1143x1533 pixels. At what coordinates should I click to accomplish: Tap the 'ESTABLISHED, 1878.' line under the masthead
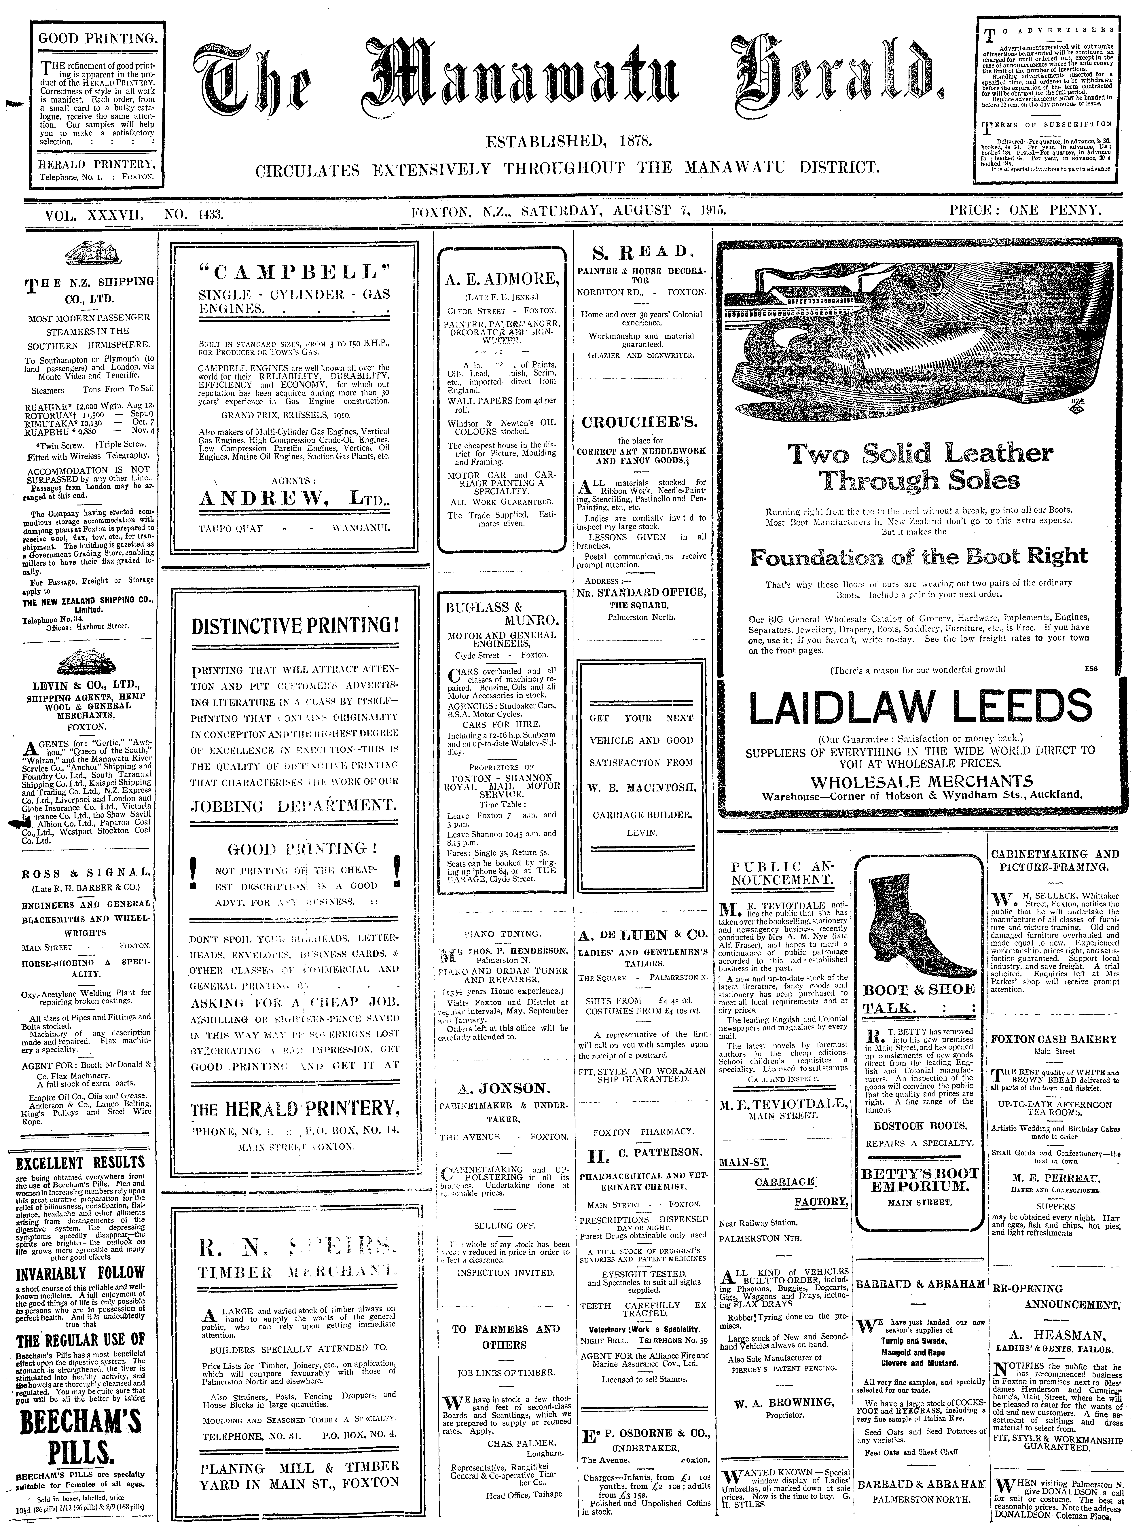coord(569,143)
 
